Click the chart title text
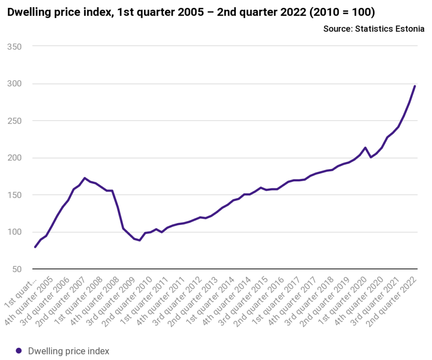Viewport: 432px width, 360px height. (x=191, y=13)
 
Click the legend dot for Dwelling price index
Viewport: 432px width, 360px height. (x=19, y=351)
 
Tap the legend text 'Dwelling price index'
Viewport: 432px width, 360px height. (x=69, y=351)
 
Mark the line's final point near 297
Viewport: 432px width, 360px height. (x=415, y=86)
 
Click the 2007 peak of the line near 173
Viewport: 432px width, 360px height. (x=85, y=178)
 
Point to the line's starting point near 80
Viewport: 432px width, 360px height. (x=35, y=247)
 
